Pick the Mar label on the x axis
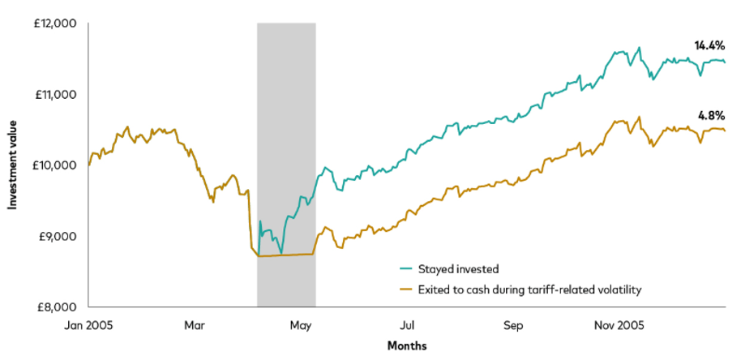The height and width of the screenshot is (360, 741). (195, 325)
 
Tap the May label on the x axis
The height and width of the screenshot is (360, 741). (301, 325)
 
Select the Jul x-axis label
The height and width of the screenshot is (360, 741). (407, 325)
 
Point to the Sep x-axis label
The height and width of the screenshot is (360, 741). (513, 325)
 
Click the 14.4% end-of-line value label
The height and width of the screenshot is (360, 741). (709, 46)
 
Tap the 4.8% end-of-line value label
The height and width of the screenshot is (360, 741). (711, 114)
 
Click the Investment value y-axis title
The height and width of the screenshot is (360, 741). (13, 165)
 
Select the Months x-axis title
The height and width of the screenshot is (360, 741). (406, 345)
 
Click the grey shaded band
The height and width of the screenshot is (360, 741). (286, 122)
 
